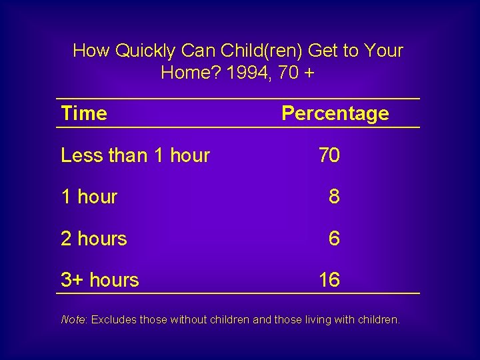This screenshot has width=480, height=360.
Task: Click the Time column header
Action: [x=83, y=113]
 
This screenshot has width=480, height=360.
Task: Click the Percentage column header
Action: [x=335, y=113]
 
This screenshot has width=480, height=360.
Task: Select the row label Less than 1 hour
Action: [x=135, y=155]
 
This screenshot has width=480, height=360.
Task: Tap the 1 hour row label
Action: [x=89, y=197]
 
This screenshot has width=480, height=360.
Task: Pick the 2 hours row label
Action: [x=93, y=238]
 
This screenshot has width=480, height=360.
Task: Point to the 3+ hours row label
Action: [x=99, y=280]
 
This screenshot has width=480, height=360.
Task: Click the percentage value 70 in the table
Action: [x=329, y=155]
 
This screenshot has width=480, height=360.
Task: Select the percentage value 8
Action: [x=334, y=197]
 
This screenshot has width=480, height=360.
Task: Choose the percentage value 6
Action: [x=334, y=238]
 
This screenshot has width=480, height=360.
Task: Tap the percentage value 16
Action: [x=329, y=280]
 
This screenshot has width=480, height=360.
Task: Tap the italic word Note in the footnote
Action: [x=73, y=319]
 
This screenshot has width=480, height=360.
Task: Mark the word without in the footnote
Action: [x=190, y=319]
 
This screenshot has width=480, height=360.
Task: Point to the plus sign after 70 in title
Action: [x=309, y=73]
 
